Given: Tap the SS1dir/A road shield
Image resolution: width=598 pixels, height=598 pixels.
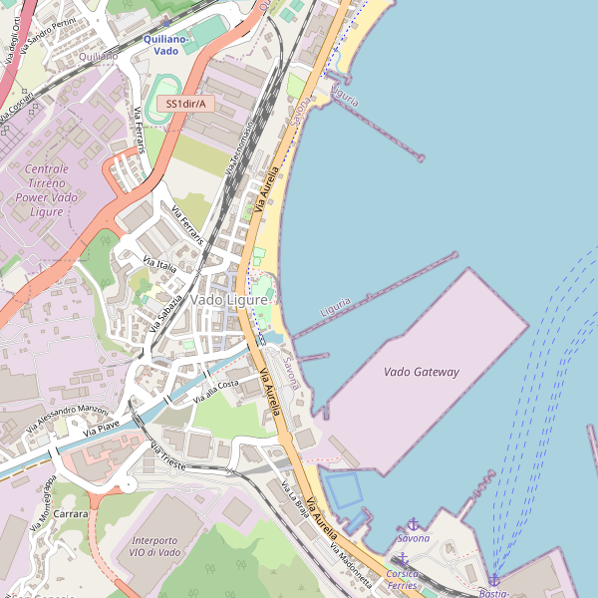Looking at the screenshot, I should [x=185, y=104].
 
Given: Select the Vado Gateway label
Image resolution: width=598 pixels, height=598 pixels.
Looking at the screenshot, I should [x=422, y=372].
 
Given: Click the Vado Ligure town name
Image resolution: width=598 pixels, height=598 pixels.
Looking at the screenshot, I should [x=229, y=299].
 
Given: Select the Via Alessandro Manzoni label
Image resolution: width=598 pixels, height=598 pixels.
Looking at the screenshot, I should [x=67, y=414].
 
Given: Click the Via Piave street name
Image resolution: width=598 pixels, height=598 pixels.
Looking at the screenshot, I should [x=101, y=428].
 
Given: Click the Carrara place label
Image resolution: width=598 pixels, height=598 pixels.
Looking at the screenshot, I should [x=71, y=514].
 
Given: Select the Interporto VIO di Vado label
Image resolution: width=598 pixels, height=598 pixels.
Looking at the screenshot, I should [x=155, y=545].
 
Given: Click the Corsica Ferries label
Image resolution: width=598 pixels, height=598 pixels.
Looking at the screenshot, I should [x=403, y=579].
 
